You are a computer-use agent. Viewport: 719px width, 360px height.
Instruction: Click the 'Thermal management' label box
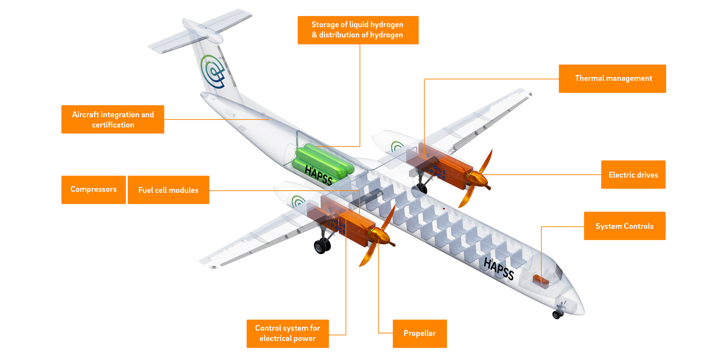pyautogui.click(x=612, y=78)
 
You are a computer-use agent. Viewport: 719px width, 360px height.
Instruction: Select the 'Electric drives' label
pyautogui.click(x=633, y=175)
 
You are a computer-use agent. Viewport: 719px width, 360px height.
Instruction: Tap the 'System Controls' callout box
pyautogui.click(x=625, y=226)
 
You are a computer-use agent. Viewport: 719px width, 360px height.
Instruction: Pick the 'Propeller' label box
pyautogui.click(x=419, y=334)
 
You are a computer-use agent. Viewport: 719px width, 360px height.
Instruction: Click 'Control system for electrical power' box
pyautogui.click(x=288, y=334)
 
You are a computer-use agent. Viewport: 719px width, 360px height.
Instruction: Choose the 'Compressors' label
pyautogui.click(x=93, y=190)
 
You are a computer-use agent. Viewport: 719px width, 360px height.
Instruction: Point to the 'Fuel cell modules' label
pyautogui.click(x=168, y=190)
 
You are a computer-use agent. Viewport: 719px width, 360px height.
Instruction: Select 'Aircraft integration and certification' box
pyautogui.click(x=113, y=120)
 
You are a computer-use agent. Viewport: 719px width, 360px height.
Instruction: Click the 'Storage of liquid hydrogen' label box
pyautogui.click(x=358, y=30)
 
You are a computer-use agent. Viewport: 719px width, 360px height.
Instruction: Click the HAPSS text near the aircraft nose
pyautogui.click(x=499, y=269)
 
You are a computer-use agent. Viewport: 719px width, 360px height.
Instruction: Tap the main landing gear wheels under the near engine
pyautogui.click(x=322, y=246)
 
